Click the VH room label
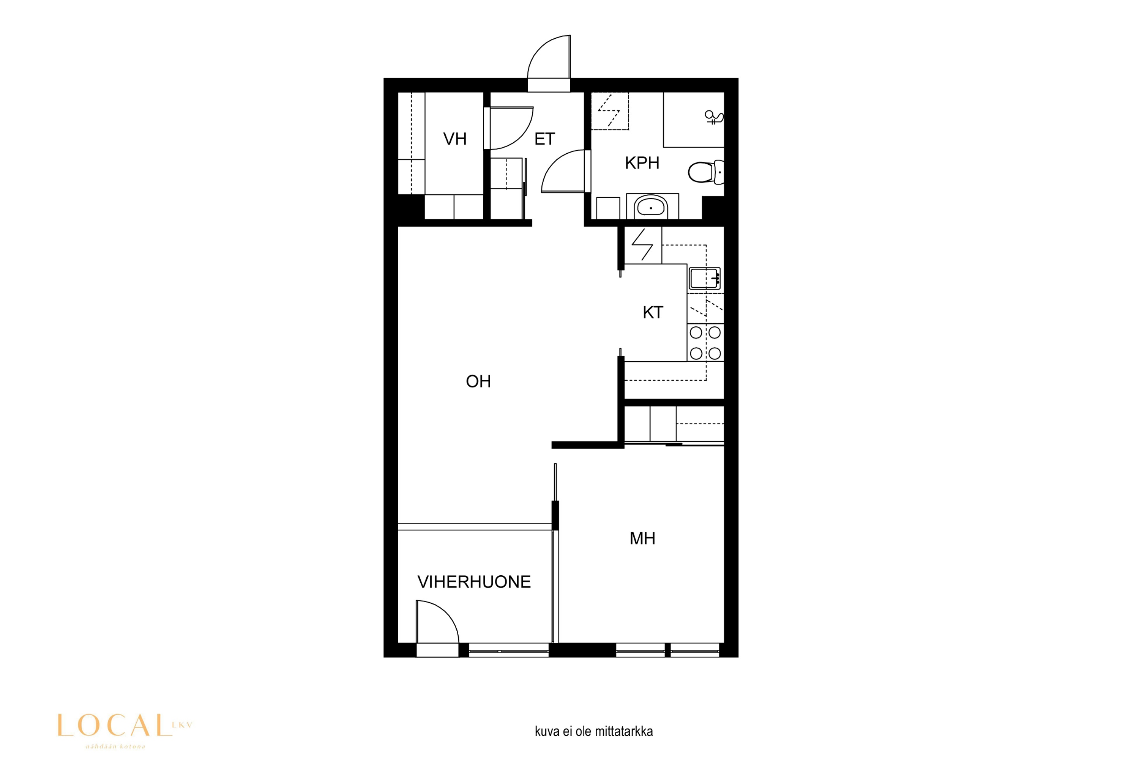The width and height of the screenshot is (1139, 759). [455, 139]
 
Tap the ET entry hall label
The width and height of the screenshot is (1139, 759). [544, 139]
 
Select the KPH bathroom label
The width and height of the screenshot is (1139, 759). [642, 163]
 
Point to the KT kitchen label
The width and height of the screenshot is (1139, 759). [653, 313]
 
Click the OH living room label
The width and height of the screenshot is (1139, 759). [478, 381]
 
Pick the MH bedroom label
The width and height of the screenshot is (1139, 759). [642, 538]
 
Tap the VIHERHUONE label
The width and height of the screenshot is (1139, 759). [474, 582]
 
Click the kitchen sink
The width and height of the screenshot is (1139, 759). [705, 278]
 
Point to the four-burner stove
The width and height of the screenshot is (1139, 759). [705, 343]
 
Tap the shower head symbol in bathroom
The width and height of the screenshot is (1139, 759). [714, 117]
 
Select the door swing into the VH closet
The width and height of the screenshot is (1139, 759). [511, 128]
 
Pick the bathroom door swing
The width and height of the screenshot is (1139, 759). [564, 171]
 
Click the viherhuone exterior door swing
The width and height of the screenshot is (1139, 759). [437, 622]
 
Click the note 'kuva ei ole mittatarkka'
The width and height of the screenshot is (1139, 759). [594, 731]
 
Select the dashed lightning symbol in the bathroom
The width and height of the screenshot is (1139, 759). [609, 110]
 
